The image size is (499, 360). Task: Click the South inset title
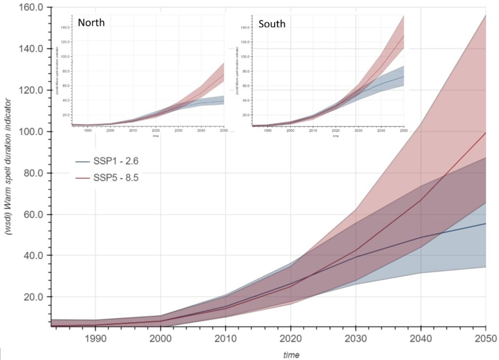tap(272, 23)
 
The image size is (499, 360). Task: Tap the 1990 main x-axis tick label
tap(95, 338)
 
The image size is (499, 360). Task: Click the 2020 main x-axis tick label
tap(290, 338)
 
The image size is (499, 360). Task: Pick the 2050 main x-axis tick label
tap(486, 338)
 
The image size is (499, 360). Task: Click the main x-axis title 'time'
tap(291, 354)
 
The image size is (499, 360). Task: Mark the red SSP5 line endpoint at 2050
tap(486, 133)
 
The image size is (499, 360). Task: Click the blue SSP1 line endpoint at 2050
tap(486, 224)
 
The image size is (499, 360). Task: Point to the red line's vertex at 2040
tap(421, 200)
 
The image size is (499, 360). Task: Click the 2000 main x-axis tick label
tap(160, 338)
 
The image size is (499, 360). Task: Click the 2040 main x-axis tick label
tap(421, 338)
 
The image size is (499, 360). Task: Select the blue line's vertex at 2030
tap(356, 257)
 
